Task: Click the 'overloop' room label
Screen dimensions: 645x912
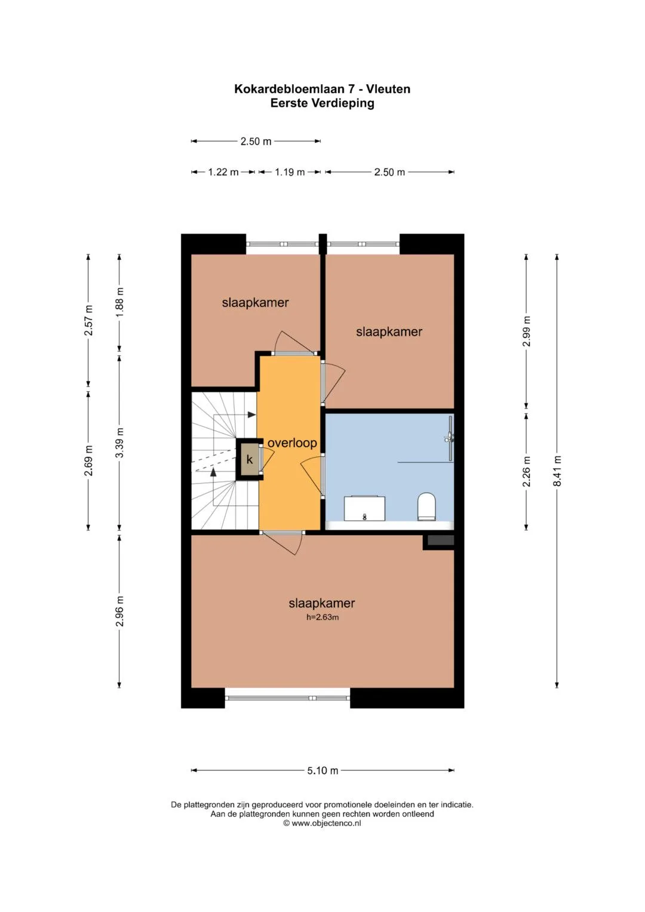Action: pos(292,443)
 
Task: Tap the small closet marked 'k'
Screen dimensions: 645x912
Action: pos(249,460)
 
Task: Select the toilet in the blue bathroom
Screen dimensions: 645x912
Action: pos(426,506)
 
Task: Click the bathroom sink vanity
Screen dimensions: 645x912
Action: pos(364,508)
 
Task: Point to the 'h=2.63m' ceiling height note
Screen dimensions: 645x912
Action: pos(322,617)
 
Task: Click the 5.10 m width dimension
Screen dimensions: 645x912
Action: pos(322,770)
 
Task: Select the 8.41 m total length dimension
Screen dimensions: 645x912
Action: pos(557,471)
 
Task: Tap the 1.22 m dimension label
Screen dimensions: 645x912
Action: pos(223,172)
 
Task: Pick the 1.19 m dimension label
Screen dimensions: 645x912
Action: pos(290,172)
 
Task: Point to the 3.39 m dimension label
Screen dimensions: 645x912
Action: pos(119,443)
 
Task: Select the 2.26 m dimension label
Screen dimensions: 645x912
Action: pos(527,471)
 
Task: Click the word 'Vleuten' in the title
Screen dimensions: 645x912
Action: pos(388,89)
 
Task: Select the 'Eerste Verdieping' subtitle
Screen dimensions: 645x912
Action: pos(322,103)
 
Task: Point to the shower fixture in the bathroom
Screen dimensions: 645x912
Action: pos(450,438)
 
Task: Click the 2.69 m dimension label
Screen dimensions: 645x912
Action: pos(88,460)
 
